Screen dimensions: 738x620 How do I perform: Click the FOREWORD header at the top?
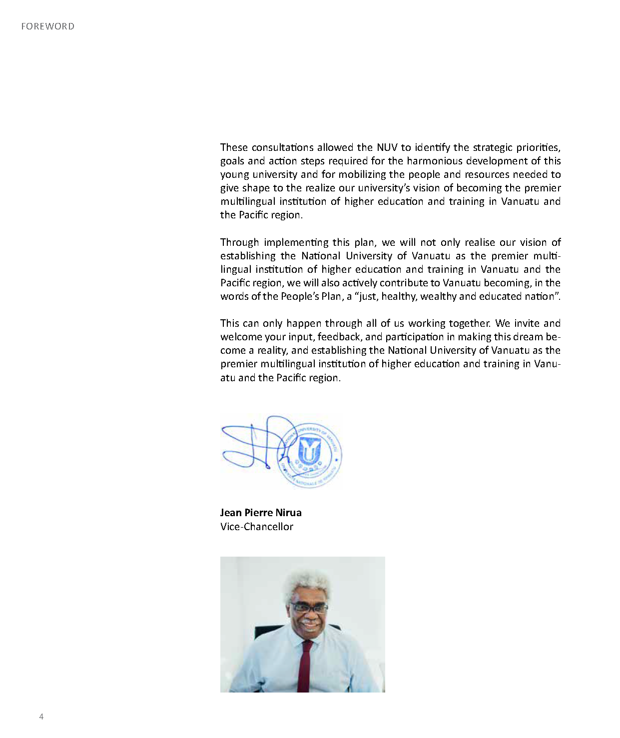click(47, 26)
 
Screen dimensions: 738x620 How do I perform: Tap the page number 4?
click(41, 717)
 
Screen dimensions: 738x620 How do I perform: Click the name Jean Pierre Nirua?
click(261, 513)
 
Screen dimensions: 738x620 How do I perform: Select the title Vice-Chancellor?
click(257, 527)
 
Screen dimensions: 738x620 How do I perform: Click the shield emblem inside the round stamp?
click(309, 450)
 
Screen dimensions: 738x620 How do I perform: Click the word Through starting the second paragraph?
click(239, 242)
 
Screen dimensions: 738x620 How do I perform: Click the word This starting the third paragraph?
click(230, 323)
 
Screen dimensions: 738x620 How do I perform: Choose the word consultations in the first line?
click(283, 147)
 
